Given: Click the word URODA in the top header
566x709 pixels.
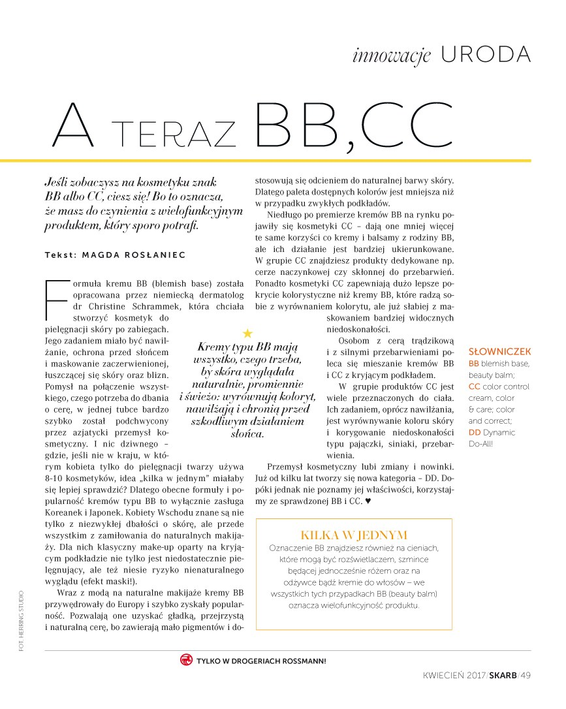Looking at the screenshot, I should tap(486, 55).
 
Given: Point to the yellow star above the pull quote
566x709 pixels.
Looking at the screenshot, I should tap(246, 333).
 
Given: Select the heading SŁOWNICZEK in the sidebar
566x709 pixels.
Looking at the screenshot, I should tap(500, 351).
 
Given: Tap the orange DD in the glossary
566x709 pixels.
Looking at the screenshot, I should tap(475, 432).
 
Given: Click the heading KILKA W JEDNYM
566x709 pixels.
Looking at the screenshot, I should tap(353, 535).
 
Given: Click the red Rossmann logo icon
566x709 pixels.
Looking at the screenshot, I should tap(186, 660).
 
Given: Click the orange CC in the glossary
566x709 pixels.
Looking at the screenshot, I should tap(475, 386).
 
